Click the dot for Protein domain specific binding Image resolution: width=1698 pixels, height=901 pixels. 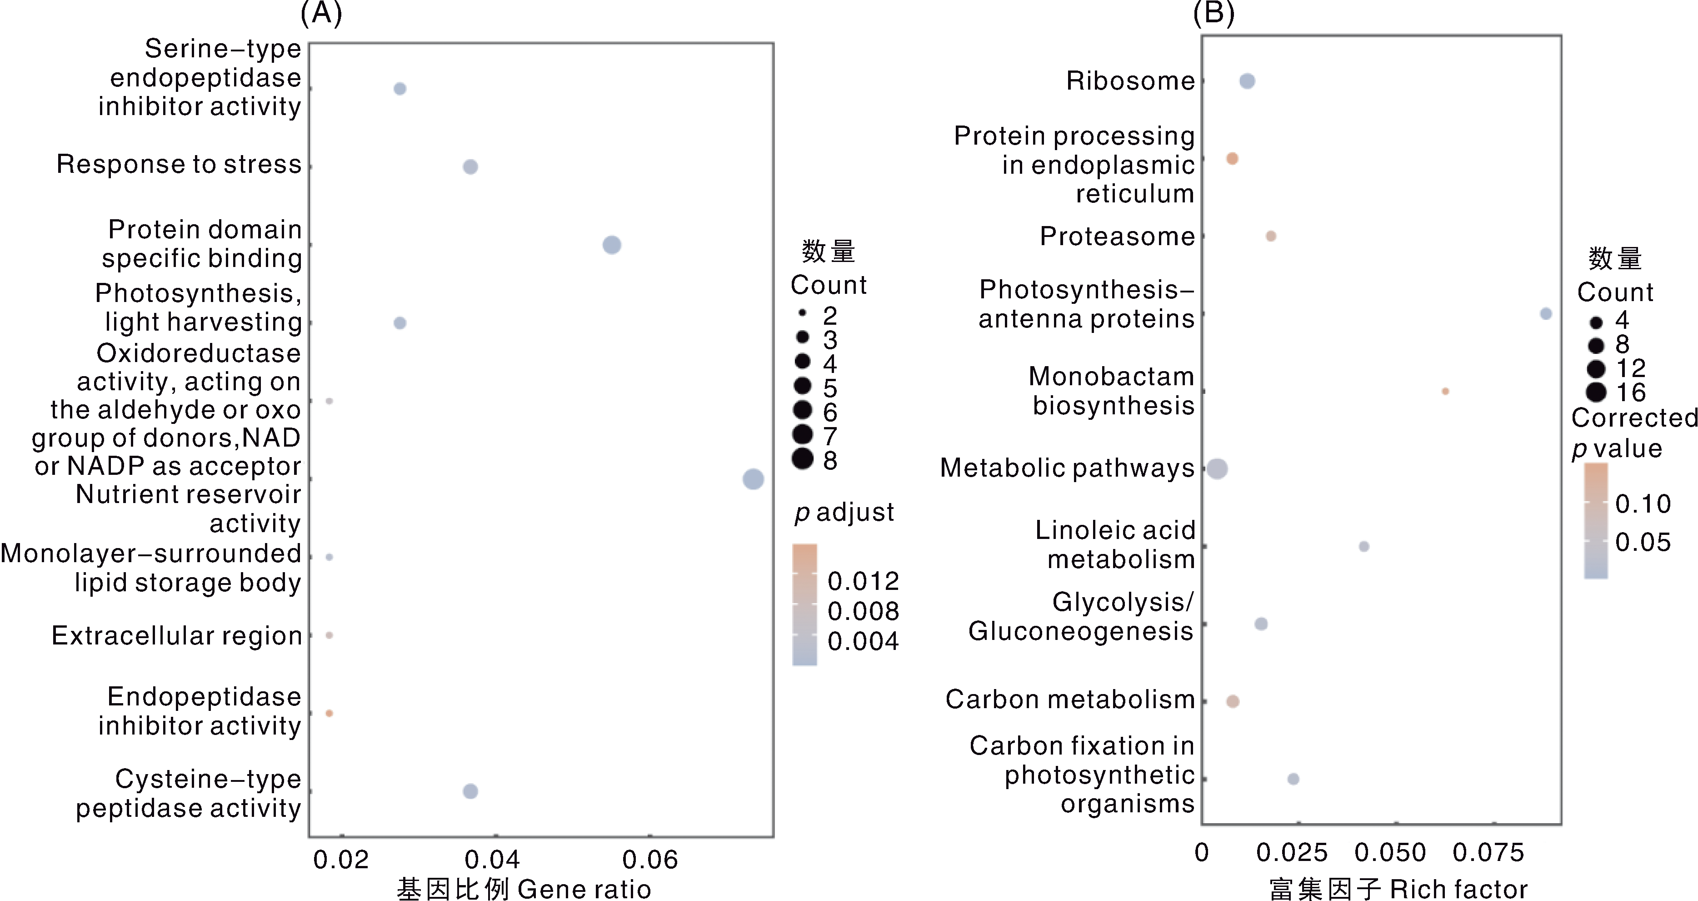612,245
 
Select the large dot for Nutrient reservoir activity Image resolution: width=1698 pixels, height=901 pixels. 753,479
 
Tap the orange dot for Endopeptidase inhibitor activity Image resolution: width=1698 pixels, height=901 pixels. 330,713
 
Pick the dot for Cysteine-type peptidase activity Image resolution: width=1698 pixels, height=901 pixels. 470,791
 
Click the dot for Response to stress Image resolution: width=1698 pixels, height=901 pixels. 470,167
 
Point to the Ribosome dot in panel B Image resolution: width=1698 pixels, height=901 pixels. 1247,81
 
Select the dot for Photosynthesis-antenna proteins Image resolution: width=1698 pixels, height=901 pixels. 1546,313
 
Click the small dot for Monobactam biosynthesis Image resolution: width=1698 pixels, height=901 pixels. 1445,391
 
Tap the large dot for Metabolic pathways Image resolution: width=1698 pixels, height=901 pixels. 1218,469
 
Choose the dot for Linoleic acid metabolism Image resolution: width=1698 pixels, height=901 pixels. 1364,546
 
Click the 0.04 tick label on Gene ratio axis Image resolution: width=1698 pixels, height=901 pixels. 492,860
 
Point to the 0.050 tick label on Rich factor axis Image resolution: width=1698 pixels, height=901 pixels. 1390,852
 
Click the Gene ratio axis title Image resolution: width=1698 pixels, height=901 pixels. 524,888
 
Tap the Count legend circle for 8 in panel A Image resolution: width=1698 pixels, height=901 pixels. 802,458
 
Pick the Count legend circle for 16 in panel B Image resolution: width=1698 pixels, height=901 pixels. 1596,393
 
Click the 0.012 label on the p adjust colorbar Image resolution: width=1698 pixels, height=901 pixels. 863,581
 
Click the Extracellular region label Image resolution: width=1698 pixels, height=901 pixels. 177,635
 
